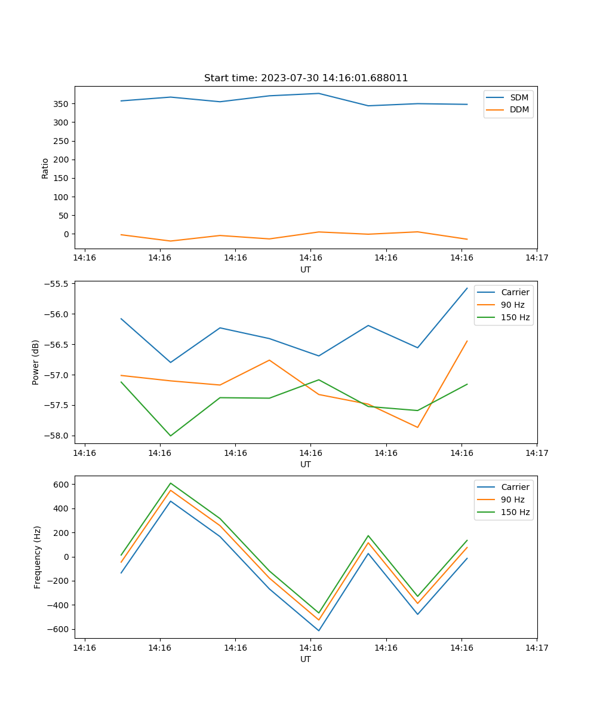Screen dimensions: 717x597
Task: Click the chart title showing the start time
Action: (x=306, y=78)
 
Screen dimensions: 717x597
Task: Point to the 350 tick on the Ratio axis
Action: (x=61, y=104)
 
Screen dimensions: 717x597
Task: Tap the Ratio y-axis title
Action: (x=45, y=168)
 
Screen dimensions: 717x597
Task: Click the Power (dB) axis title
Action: (x=36, y=362)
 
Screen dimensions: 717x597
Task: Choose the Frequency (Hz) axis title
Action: (x=38, y=557)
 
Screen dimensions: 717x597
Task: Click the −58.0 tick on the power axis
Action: (x=56, y=436)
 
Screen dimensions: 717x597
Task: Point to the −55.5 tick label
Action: (x=56, y=284)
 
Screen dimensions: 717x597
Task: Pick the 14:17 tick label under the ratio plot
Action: (x=537, y=258)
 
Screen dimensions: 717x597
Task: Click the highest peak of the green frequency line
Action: (x=171, y=483)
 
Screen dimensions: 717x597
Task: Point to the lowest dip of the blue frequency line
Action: (x=319, y=630)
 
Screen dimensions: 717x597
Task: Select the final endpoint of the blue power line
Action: (x=467, y=288)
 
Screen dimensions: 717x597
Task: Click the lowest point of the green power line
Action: (x=171, y=436)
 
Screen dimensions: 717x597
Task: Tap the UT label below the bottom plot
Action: (x=306, y=659)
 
